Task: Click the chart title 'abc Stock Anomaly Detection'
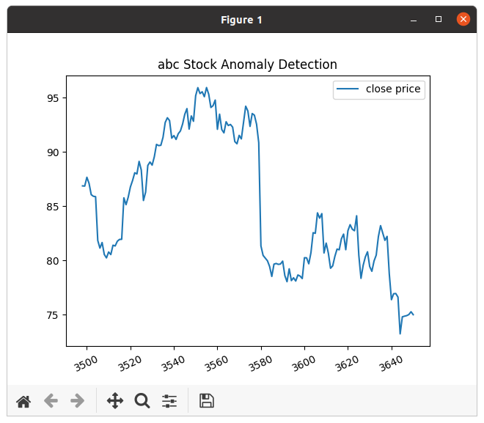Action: click(247, 64)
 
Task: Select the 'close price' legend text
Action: click(393, 89)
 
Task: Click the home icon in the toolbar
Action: click(23, 401)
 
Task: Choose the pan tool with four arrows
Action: click(115, 401)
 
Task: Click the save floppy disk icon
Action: click(207, 401)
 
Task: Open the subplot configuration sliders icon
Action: click(169, 401)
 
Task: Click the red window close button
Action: click(463, 19)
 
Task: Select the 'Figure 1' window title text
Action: click(241, 20)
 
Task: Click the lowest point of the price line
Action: click(400, 334)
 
